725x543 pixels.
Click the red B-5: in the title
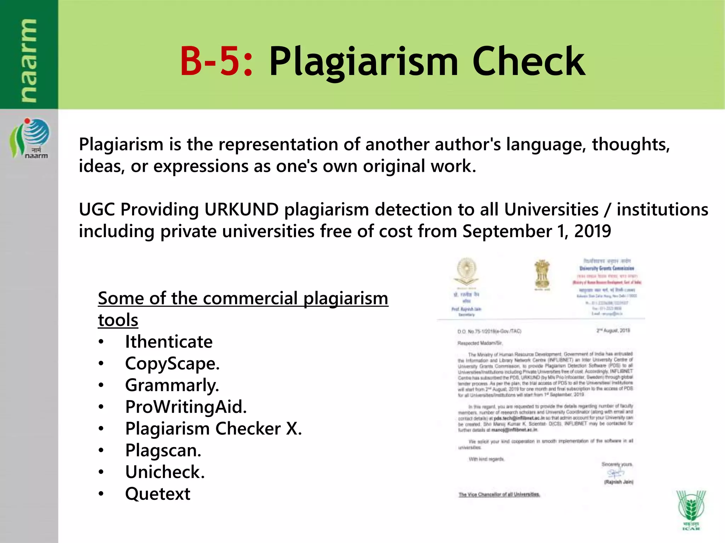(x=216, y=62)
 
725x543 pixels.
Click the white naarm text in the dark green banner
(x=29, y=61)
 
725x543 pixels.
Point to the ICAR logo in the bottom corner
(x=690, y=509)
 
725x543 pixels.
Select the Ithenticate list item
(x=169, y=342)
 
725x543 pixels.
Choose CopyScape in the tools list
(x=172, y=364)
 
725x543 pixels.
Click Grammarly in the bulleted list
(x=172, y=385)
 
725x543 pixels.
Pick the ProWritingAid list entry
(x=185, y=407)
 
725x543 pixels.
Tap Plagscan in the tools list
(x=163, y=450)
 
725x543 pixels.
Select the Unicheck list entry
(x=165, y=472)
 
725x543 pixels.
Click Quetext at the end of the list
(x=158, y=494)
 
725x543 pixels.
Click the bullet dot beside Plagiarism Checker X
(x=101, y=429)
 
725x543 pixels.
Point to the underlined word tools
(x=118, y=320)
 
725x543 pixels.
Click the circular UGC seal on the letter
(x=467, y=271)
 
